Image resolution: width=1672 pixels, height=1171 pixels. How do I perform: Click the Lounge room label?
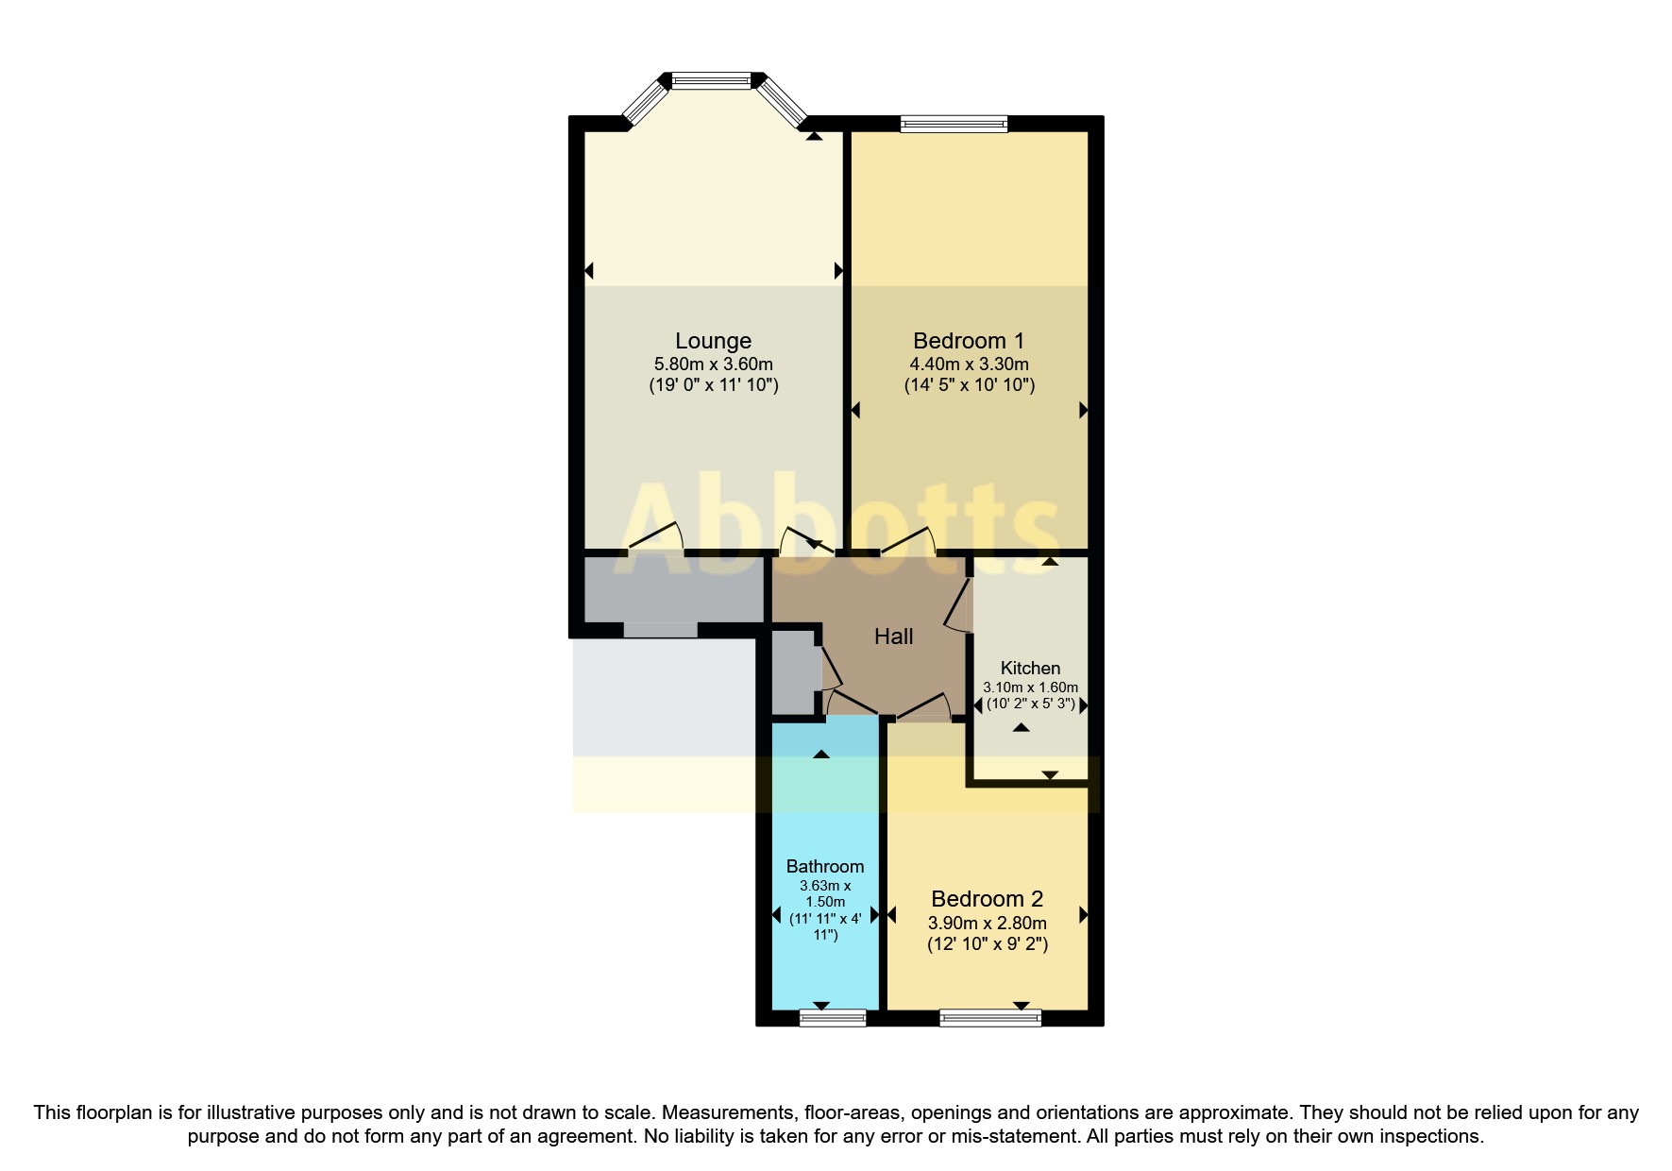point(713,341)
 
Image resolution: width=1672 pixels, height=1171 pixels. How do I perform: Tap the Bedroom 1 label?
point(968,341)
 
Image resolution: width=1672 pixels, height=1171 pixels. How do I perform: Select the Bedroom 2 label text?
point(987,899)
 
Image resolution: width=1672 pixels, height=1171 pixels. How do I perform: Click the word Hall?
point(893,636)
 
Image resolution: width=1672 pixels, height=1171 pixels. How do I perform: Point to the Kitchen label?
point(1030,668)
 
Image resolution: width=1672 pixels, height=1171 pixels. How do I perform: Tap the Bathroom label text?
point(824,866)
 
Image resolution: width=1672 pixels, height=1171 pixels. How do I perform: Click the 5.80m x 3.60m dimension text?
point(713,365)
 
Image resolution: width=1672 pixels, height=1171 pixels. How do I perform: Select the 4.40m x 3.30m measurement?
point(969,365)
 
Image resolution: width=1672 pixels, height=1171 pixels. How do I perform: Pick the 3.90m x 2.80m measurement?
point(987,924)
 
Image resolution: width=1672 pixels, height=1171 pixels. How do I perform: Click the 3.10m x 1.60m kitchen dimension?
point(1030,687)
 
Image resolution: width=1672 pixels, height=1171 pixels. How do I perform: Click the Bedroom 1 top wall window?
point(954,123)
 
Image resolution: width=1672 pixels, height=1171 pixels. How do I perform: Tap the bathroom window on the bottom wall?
point(832,1018)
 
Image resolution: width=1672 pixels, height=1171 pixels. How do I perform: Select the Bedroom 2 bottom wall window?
point(989,1018)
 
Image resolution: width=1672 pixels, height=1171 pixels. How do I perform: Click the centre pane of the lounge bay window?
point(711,81)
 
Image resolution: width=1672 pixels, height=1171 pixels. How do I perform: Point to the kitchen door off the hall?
point(958,604)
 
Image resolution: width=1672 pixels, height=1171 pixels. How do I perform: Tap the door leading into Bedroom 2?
point(922,706)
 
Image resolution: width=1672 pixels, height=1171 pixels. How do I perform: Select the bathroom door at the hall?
point(852,703)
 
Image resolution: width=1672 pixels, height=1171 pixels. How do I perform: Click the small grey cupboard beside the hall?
point(794,671)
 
